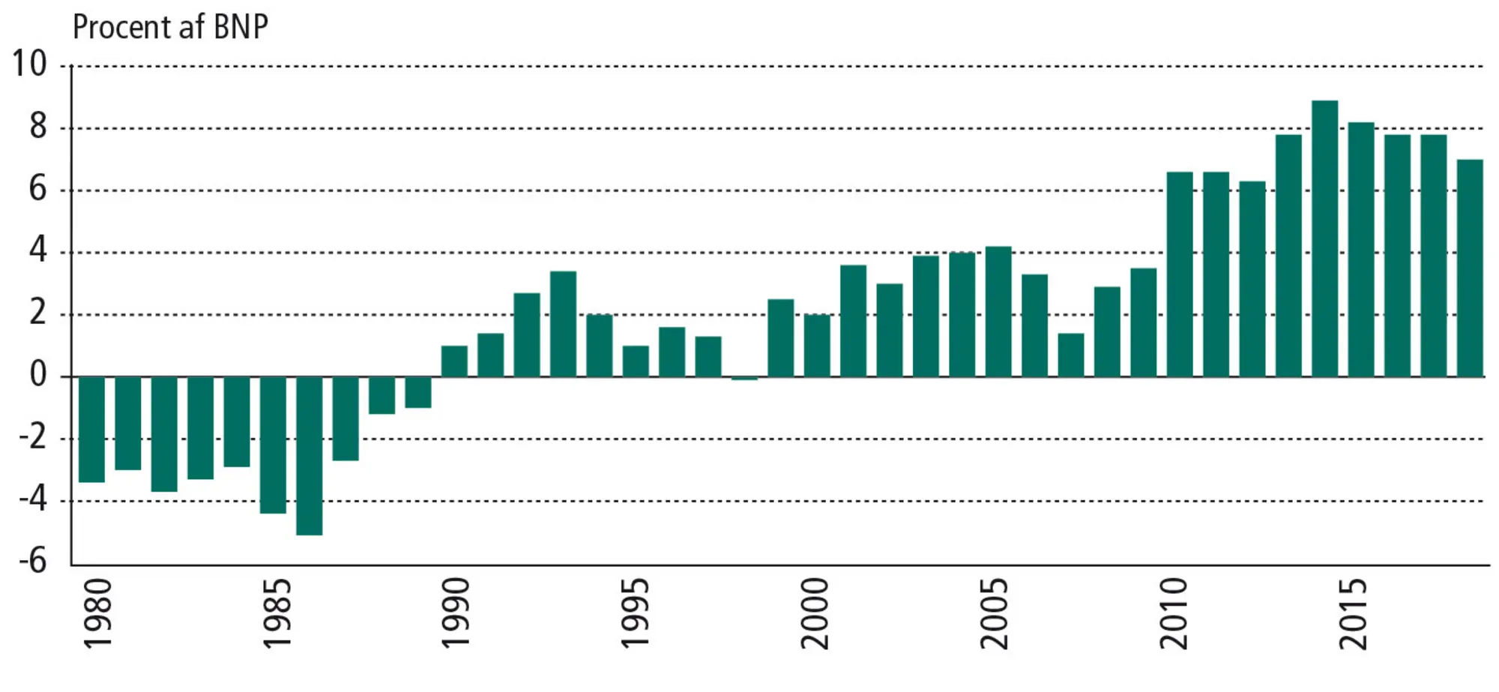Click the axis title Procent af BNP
point(170,28)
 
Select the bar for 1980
point(91,429)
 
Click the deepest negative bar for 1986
point(309,455)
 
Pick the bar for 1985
point(273,445)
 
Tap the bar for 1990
point(454,361)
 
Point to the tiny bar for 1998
point(744,379)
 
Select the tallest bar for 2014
point(1324,238)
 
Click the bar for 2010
point(1180,274)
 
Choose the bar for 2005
point(998,311)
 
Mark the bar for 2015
point(1361,250)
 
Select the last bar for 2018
point(1470,268)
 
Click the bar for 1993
point(563,324)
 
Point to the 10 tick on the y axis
point(28,64)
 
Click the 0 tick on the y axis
point(37,374)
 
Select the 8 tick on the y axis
point(37,127)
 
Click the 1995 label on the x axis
point(636,613)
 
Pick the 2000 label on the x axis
point(815,613)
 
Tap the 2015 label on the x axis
point(1354,613)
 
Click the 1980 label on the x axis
point(97,613)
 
